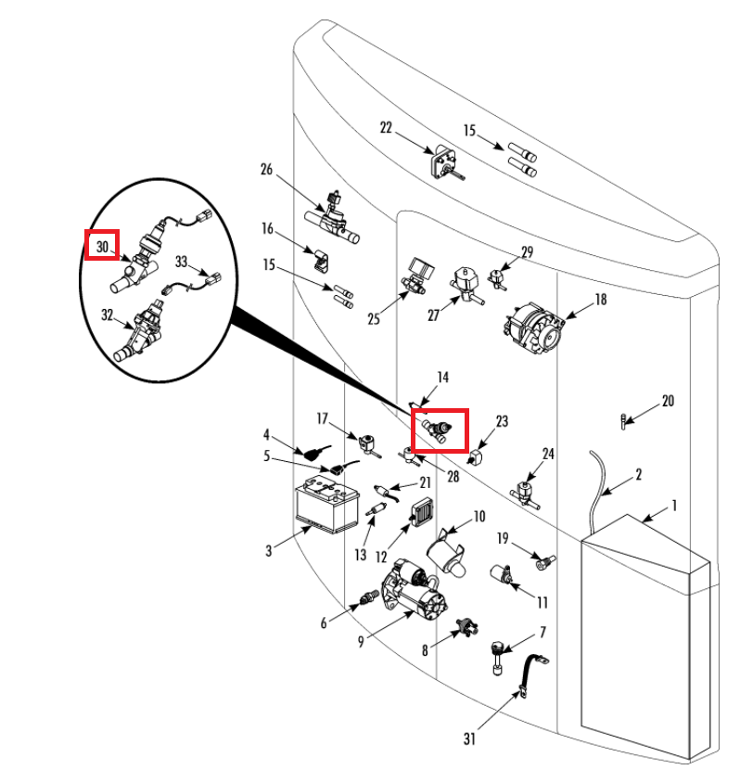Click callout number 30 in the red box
coord(102,247)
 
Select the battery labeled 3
coord(325,507)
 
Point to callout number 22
coord(387,128)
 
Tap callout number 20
coord(668,402)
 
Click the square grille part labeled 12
coord(422,513)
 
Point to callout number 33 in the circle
coord(181,262)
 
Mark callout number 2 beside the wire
coord(639,475)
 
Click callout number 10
coord(479,516)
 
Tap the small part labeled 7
coord(498,653)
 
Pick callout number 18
coord(601,299)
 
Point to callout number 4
coord(266,433)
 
